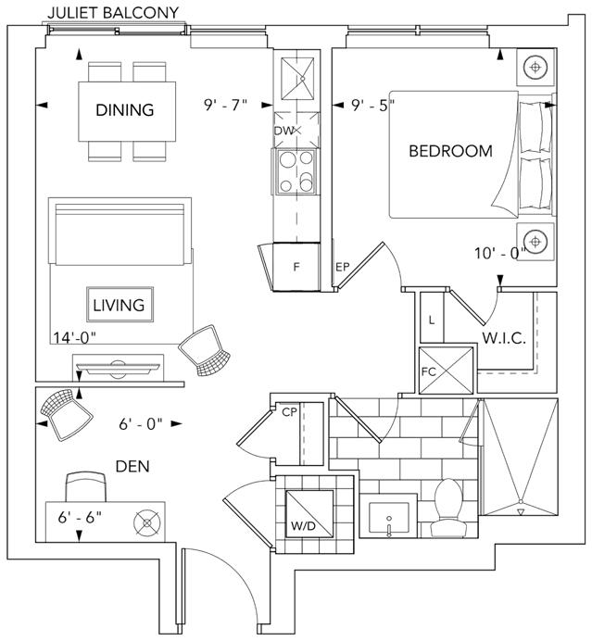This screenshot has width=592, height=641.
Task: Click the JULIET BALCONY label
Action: point(113,12)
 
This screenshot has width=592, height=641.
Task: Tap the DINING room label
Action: point(125,110)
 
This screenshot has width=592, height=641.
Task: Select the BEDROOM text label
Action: point(450,151)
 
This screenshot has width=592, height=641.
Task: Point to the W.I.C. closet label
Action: point(504,338)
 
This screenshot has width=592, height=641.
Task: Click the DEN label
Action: point(132,467)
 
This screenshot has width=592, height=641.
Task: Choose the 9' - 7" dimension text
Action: point(226,105)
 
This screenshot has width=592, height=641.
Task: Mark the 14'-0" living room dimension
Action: point(75,338)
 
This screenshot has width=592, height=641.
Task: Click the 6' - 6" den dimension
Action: point(80,518)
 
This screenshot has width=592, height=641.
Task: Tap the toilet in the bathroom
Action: point(448,508)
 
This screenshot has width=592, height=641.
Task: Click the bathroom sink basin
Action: point(388,518)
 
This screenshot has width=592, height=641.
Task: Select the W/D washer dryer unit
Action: point(309,513)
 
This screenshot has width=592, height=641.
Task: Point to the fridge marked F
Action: point(296,267)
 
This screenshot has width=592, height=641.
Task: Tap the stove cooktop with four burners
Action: point(296,171)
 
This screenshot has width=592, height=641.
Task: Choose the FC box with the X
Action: point(446,371)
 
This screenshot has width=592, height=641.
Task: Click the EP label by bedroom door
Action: point(343,267)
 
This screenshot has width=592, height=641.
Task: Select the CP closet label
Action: point(289,412)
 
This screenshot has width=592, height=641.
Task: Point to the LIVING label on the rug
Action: point(119,305)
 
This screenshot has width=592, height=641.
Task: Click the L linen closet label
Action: point(432,320)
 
